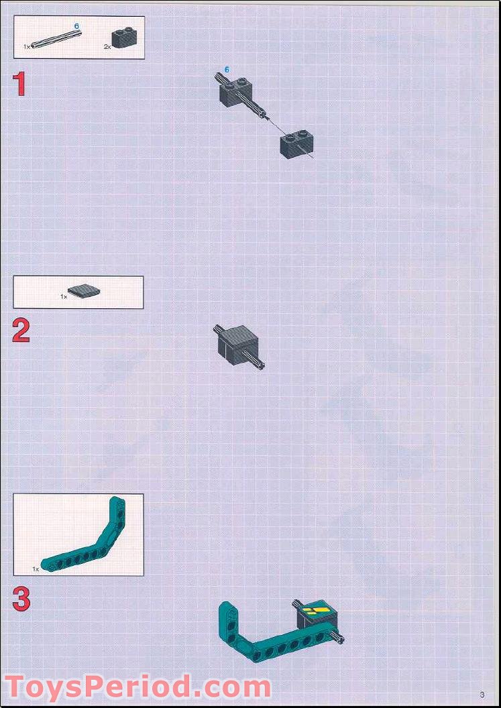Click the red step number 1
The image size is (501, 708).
[19, 85]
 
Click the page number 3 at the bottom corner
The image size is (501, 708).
[482, 695]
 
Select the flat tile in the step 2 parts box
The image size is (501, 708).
[84, 292]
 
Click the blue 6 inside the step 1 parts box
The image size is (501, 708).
[76, 26]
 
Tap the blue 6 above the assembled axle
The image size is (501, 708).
[227, 70]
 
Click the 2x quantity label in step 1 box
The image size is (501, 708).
[107, 46]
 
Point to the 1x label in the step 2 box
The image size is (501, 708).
[64, 296]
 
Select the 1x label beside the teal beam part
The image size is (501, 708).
[36, 569]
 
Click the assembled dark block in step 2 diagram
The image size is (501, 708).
[238, 341]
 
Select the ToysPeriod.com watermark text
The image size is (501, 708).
[137, 687]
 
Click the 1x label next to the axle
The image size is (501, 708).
[27, 46]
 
